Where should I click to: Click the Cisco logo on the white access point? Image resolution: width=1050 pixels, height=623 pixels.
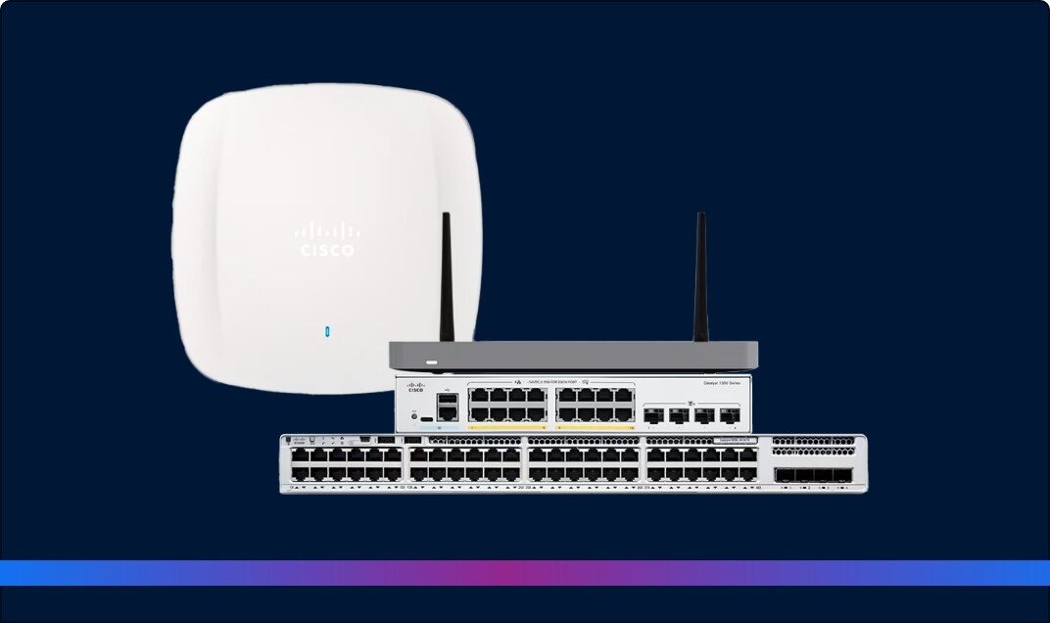pos(327,240)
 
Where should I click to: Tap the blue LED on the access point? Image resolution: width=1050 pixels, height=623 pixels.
pos(326,330)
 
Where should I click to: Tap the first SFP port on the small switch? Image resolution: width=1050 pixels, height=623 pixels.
pos(652,414)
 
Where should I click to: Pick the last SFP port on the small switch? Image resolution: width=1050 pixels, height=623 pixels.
pos(729,414)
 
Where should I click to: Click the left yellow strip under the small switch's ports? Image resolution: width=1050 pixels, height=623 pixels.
pos(506,428)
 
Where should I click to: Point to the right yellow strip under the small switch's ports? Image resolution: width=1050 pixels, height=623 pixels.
pos(595,428)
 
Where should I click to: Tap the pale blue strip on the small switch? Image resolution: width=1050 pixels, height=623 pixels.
pos(447,428)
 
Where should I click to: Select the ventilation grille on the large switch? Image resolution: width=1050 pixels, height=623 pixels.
pos(814,446)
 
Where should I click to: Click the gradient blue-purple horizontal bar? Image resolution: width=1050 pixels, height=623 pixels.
pos(525,573)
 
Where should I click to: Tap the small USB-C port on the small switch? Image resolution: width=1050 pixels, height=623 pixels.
pos(428,416)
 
